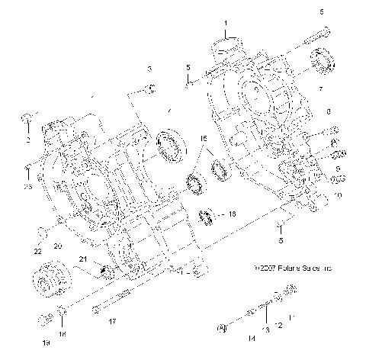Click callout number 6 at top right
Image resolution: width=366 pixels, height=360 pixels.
(321, 11)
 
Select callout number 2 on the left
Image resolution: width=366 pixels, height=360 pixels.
(27, 141)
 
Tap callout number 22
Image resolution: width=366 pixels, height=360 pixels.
(36, 251)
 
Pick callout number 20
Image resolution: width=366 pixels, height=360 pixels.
(56, 246)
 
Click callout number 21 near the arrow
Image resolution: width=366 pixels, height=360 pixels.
(81, 260)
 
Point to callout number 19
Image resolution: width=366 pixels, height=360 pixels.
(45, 343)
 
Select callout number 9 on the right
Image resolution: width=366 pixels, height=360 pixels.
(339, 168)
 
